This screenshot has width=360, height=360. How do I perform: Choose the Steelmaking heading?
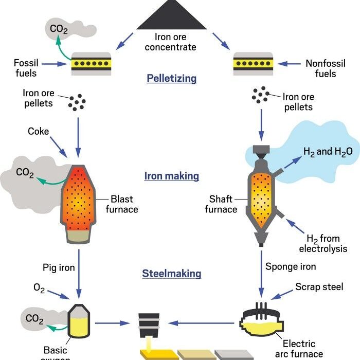[171, 274]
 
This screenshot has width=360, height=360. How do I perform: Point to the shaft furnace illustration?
[263, 198]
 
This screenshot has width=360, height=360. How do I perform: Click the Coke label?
[39, 132]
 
